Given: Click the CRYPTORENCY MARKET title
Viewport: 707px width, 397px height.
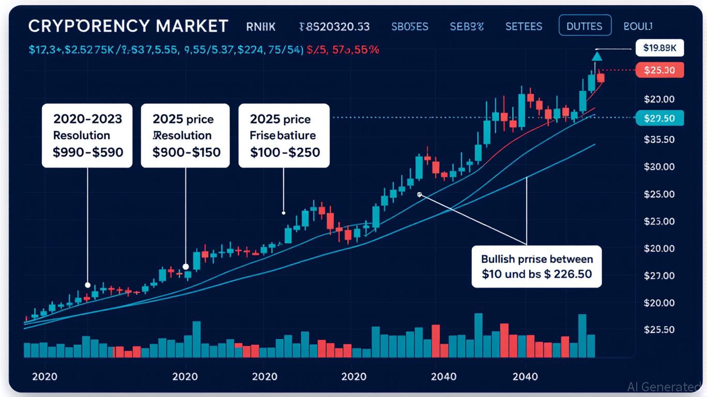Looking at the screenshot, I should [128, 26].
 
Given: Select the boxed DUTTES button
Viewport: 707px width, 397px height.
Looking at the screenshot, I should [585, 25].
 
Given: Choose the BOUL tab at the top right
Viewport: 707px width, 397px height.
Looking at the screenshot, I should [638, 25].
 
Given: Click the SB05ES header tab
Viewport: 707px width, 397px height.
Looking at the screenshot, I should [410, 26].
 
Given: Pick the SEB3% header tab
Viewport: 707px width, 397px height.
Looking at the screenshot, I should [467, 26].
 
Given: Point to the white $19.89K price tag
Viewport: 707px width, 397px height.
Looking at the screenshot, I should [659, 49].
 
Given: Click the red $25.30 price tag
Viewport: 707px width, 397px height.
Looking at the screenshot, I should [659, 70].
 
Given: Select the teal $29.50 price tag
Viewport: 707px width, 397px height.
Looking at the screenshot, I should [659, 118].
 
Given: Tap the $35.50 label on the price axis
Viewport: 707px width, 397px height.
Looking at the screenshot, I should [659, 140].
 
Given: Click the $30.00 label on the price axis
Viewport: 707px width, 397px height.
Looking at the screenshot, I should [659, 167].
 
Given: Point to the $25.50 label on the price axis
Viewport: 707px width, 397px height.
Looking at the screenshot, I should [659, 330].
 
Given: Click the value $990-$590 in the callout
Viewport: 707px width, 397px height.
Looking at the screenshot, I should [88, 152].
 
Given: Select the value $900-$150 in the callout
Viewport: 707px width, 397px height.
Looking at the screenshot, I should [186, 152].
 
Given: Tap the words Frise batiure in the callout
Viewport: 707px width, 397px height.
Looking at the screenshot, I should [283, 135].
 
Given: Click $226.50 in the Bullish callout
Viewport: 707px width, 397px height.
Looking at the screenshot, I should [568, 274].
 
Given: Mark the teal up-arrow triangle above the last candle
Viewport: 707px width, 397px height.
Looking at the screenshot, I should [597, 56].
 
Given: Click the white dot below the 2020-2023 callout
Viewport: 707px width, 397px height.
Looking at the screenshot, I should [88, 285].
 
